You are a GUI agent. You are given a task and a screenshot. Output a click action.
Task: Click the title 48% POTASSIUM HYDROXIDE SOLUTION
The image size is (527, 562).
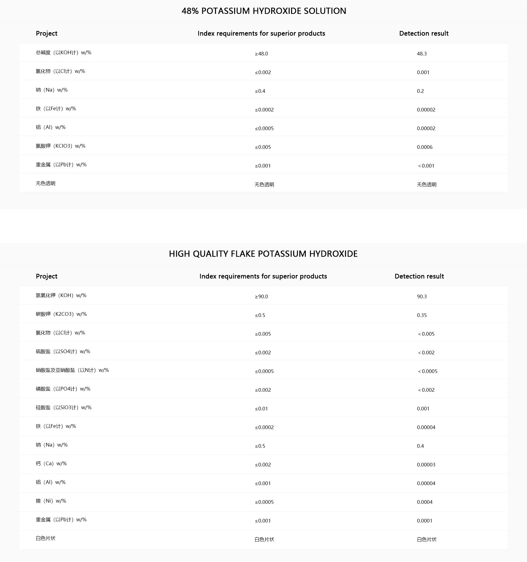pyautogui.click(x=263, y=11)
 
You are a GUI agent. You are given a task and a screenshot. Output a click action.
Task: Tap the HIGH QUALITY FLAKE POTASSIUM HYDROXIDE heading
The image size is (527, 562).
pyautogui.click(x=263, y=254)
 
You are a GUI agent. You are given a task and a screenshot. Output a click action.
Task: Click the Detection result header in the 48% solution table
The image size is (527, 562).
pyautogui.click(x=424, y=33)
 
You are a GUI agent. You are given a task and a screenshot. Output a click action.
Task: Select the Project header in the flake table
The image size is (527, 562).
pyautogui.click(x=47, y=276)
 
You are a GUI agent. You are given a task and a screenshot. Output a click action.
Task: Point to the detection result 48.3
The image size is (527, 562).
pyautogui.click(x=422, y=54)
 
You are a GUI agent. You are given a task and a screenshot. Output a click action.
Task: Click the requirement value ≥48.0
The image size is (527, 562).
pyautogui.click(x=261, y=54)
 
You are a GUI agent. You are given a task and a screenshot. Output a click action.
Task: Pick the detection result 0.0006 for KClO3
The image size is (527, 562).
pyautogui.click(x=425, y=147)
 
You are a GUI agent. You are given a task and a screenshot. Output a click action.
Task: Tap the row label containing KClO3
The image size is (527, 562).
pyautogui.click(x=60, y=146)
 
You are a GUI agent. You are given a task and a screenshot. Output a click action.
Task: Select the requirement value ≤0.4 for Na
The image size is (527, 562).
pyautogui.click(x=260, y=91)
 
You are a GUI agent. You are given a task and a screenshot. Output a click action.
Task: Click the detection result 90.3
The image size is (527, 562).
pyautogui.click(x=422, y=296)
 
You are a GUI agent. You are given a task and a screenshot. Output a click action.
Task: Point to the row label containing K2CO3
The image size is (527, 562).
pyautogui.click(x=61, y=314)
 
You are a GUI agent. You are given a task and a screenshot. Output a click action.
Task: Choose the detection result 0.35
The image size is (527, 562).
pyautogui.click(x=422, y=315)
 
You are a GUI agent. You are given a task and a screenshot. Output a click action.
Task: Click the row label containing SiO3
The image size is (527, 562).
pyautogui.click(x=63, y=408)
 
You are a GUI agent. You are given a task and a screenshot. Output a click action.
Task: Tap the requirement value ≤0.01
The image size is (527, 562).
pyautogui.click(x=261, y=409)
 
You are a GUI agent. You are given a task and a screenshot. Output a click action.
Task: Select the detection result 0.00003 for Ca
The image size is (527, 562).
pyautogui.click(x=426, y=465)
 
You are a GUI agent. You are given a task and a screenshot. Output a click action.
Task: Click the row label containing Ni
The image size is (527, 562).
pyautogui.click(x=51, y=501)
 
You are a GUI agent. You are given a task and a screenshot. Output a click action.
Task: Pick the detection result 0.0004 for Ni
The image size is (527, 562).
pyautogui.click(x=425, y=502)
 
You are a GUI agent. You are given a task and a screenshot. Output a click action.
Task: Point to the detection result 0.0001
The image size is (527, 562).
pyautogui.click(x=424, y=521)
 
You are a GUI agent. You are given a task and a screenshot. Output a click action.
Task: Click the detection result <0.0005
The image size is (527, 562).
pyautogui.click(x=427, y=371)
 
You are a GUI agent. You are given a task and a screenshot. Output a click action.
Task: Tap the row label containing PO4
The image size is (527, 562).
pyautogui.click(x=63, y=389)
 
